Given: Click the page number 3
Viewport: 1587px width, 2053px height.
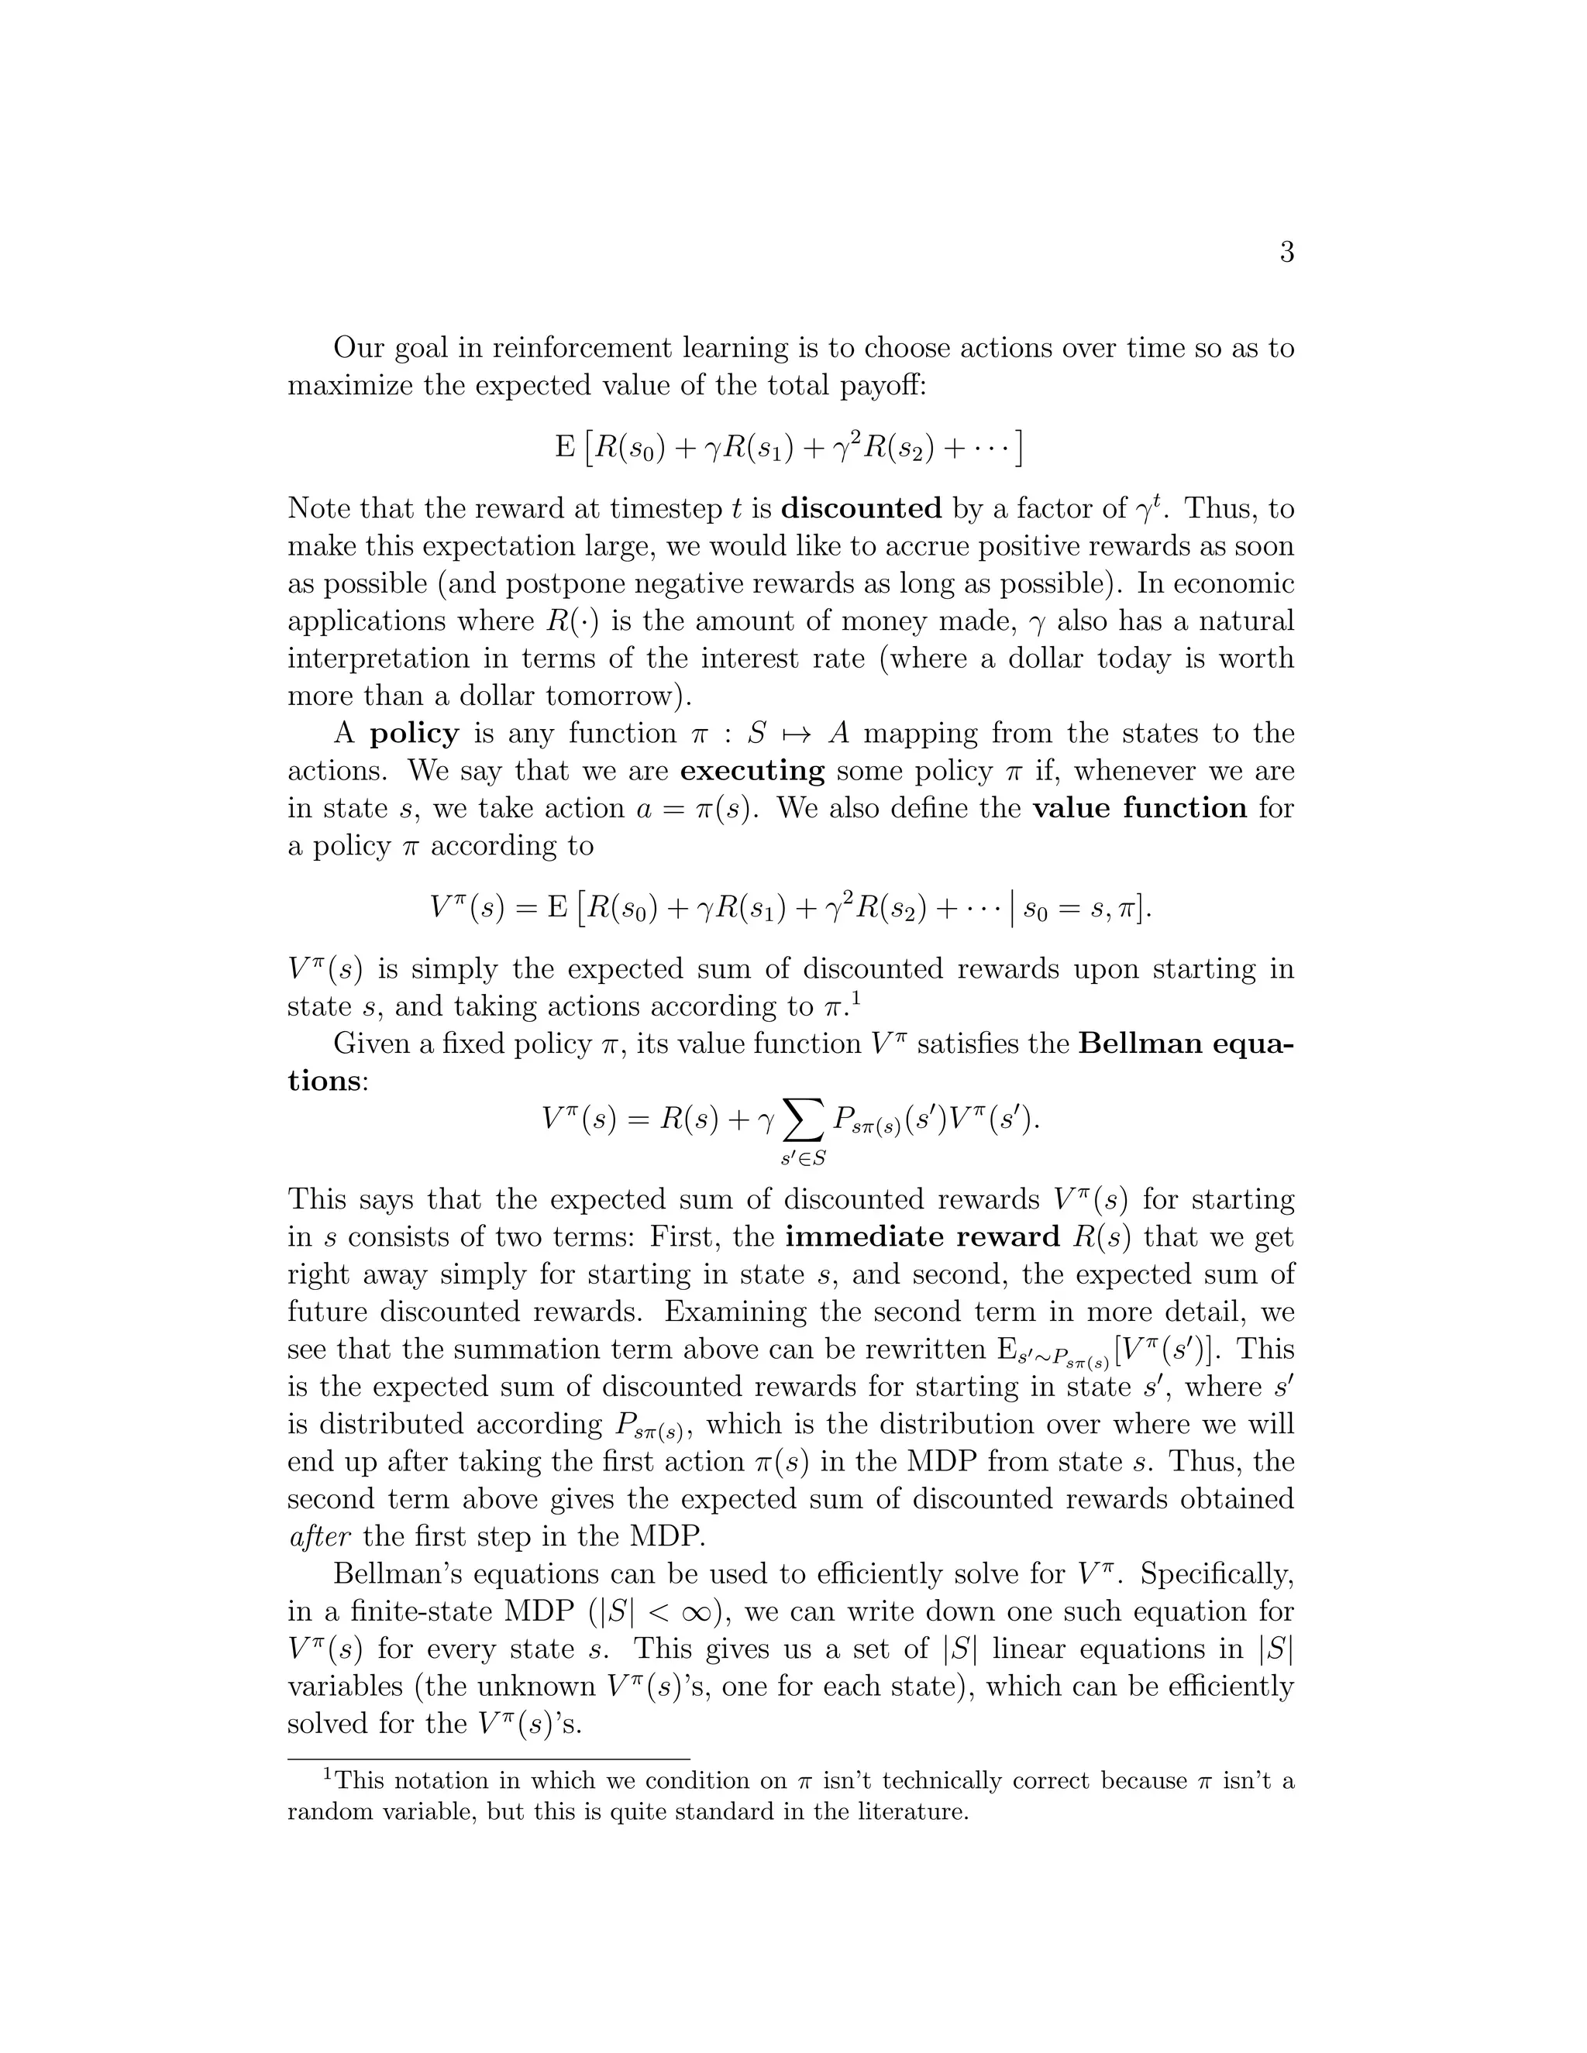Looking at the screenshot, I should (1286, 252).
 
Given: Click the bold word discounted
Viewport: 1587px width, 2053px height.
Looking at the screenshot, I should (861, 508).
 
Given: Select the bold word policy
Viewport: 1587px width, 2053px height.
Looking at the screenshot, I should (415, 733).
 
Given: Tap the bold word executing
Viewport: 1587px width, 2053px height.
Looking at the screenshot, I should (752, 772).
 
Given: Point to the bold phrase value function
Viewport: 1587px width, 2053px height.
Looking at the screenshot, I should (1139, 808).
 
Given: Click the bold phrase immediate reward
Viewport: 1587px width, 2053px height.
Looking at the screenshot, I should (922, 1237).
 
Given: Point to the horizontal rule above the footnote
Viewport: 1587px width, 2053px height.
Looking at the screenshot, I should (489, 1759).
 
